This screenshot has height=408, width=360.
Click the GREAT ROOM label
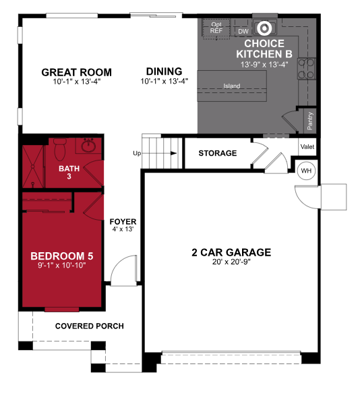76,72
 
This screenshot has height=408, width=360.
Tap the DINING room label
164,71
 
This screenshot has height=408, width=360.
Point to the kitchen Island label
233,86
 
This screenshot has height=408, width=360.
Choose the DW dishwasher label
243,31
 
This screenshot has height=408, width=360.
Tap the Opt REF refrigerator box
216,28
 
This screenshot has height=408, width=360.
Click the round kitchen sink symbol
265,28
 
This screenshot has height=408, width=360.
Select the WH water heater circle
306,170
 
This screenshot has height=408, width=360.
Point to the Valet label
307,146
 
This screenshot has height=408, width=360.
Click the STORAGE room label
217,153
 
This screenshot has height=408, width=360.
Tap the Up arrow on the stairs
164,154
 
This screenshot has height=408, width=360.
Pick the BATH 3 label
69,173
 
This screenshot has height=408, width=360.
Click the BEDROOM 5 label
61,256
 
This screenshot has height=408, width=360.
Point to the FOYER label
123,221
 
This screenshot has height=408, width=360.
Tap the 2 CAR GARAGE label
231,252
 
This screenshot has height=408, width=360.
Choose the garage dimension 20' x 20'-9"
231,262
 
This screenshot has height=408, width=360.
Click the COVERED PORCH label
89,326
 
